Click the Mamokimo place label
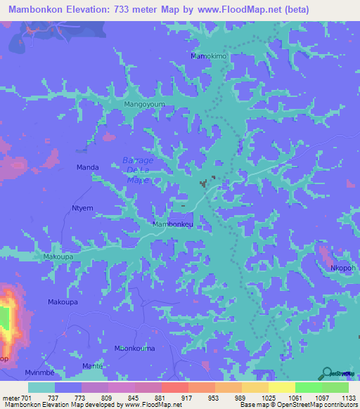pos(209,56)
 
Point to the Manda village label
pos(87,167)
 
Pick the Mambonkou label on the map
pos(173,224)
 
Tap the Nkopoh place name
pos(344,268)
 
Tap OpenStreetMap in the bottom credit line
pos(316,405)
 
